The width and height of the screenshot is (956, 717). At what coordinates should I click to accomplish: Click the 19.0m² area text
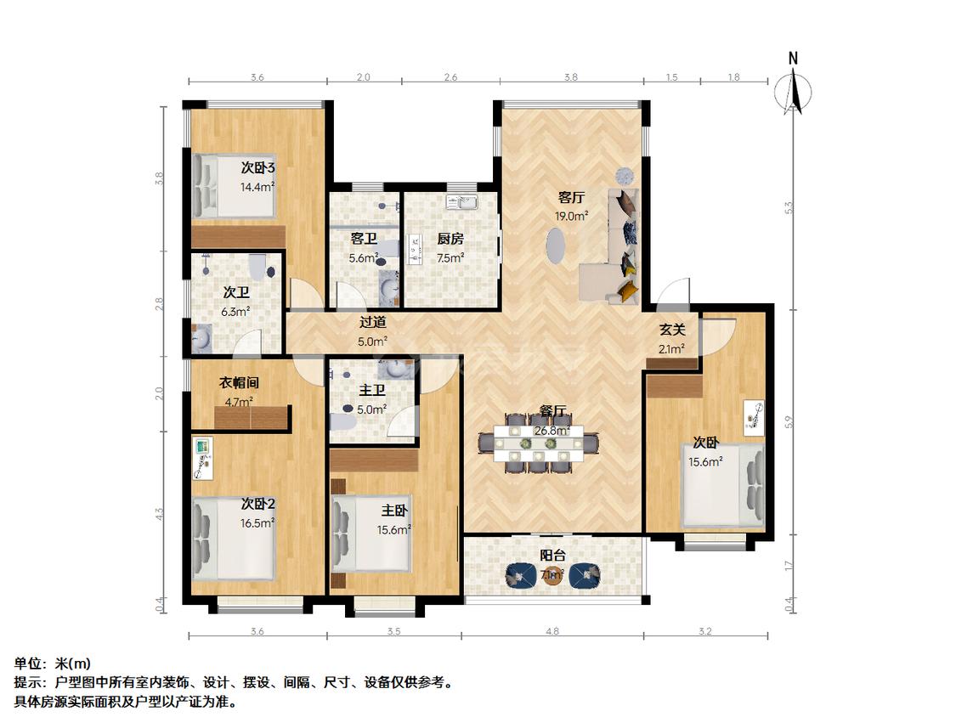(571, 216)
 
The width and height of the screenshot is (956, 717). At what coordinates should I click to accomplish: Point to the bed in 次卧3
(233, 185)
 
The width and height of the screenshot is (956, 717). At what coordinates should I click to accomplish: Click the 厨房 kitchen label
(450, 239)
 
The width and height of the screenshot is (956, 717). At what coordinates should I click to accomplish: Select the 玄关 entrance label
(672, 330)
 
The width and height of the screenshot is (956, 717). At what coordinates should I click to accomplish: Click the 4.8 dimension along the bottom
(552, 632)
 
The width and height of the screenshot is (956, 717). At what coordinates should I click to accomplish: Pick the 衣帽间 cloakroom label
(239, 383)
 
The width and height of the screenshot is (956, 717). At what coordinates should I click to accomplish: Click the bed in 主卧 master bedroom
(371, 533)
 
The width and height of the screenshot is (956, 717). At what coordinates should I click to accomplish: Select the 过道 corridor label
(372, 323)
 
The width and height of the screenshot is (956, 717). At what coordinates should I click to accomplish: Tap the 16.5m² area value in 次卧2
(257, 523)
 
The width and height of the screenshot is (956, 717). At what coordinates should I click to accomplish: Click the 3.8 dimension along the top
(570, 77)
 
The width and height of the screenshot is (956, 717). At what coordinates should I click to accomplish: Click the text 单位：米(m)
(52, 663)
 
